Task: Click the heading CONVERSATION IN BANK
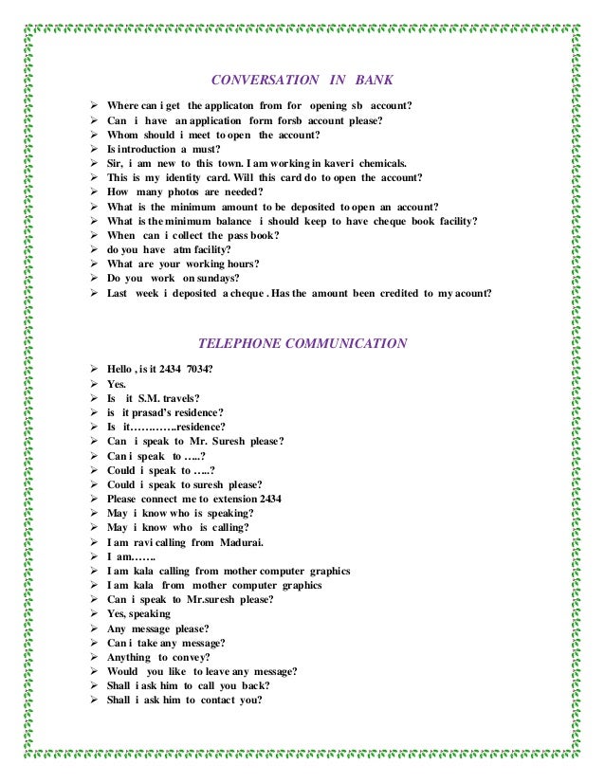pos(302,80)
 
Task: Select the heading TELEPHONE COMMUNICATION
pos(302,343)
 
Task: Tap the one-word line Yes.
pos(117,384)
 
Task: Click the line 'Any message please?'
pos(158,628)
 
